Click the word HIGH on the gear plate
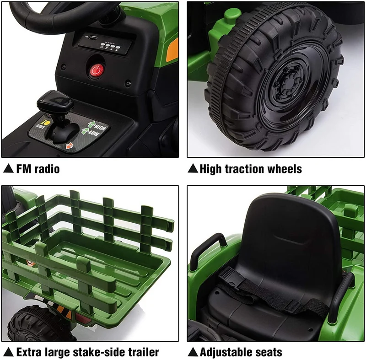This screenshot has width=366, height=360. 100,127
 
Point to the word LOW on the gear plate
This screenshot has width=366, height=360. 94,134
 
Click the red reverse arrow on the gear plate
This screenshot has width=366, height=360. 70,146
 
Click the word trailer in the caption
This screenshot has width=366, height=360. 143,352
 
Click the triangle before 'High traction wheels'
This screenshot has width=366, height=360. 193,168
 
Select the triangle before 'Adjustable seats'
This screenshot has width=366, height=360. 193,352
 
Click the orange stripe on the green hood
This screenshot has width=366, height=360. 172,50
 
